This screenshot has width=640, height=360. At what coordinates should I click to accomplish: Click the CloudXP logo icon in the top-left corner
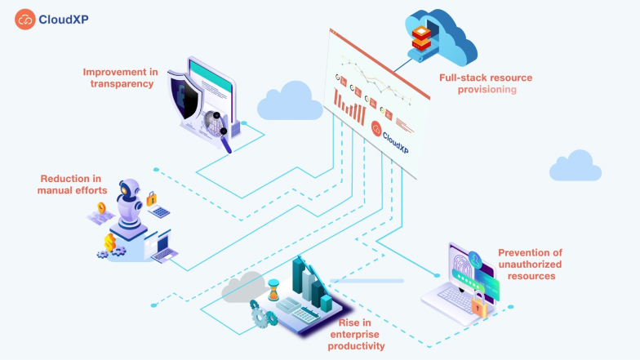click(24, 20)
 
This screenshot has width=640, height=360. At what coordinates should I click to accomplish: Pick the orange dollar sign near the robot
click(110, 242)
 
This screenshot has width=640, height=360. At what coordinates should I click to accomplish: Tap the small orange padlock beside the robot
click(150, 198)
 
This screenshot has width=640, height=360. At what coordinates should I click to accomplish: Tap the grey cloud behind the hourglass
click(243, 287)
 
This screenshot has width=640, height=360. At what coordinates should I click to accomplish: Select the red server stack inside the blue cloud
click(420, 37)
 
